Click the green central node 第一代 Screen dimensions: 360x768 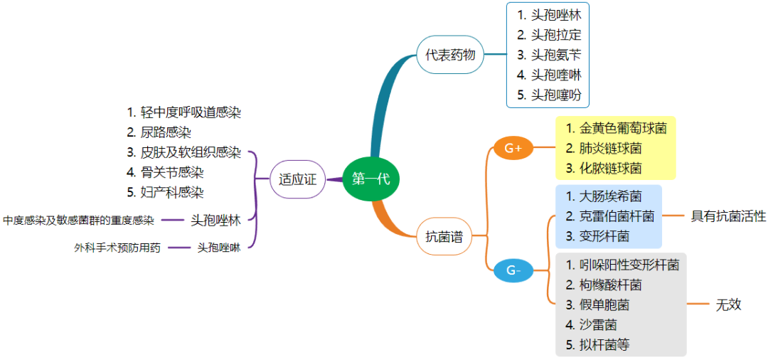[x=370, y=179]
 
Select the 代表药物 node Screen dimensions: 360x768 [x=450, y=55]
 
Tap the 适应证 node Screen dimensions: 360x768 [x=298, y=179]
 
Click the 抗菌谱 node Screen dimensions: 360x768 [x=444, y=237]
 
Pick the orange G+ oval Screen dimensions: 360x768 [x=513, y=148]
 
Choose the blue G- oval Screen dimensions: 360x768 [x=513, y=270]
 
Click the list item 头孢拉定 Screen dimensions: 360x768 [x=552, y=34]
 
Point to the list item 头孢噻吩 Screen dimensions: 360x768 [x=552, y=95]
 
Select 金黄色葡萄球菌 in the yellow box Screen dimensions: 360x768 [x=616, y=129]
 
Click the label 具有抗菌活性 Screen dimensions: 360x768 [x=728, y=216]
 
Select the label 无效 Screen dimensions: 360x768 [x=728, y=305]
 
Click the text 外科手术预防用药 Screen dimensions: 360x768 [x=117, y=248]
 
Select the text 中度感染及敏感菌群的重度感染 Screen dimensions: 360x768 [x=79, y=221]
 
